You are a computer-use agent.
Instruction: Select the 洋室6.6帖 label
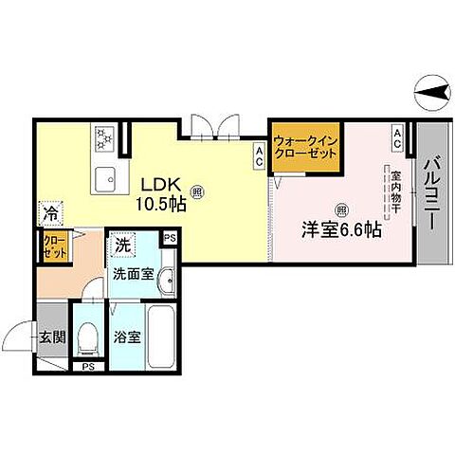click(x=342, y=229)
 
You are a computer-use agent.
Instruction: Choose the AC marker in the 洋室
click(x=398, y=138)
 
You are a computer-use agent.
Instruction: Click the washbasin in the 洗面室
click(x=167, y=280)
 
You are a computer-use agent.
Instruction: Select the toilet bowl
click(x=87, y=336)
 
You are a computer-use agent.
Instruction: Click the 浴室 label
click(x=130, y=336)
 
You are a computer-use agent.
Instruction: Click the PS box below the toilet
click(x=88, y=366)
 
